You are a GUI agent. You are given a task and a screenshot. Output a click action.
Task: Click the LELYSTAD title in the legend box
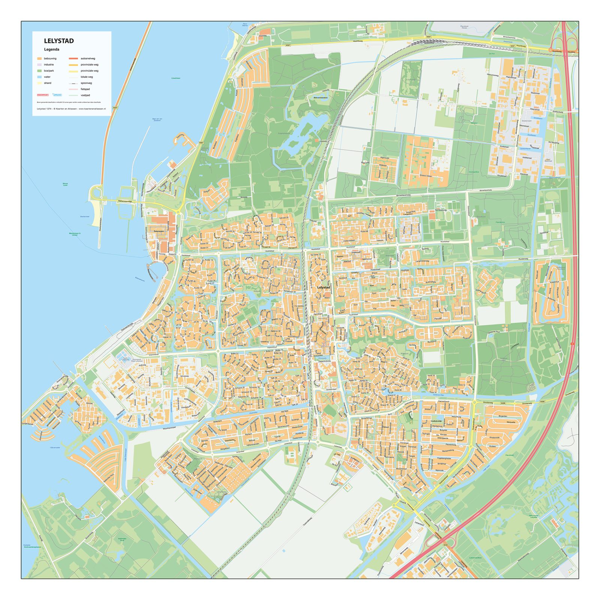(59, 41)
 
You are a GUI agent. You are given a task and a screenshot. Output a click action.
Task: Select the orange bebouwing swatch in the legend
(39, 58)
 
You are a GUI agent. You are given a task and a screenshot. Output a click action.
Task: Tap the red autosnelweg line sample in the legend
(73, 58)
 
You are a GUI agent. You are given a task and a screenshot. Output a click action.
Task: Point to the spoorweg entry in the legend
(86, 83)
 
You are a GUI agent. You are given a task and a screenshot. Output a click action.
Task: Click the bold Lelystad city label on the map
(324, 287)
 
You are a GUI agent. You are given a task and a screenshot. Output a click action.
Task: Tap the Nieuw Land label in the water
(65, 184)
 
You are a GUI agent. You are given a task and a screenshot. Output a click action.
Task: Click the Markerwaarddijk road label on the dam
(126, 201)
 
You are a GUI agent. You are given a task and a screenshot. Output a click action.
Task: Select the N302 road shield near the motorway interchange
(445, 545)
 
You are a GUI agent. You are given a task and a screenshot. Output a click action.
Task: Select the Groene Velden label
(426, 175)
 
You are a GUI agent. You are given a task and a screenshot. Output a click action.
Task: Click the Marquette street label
(511, 422)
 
